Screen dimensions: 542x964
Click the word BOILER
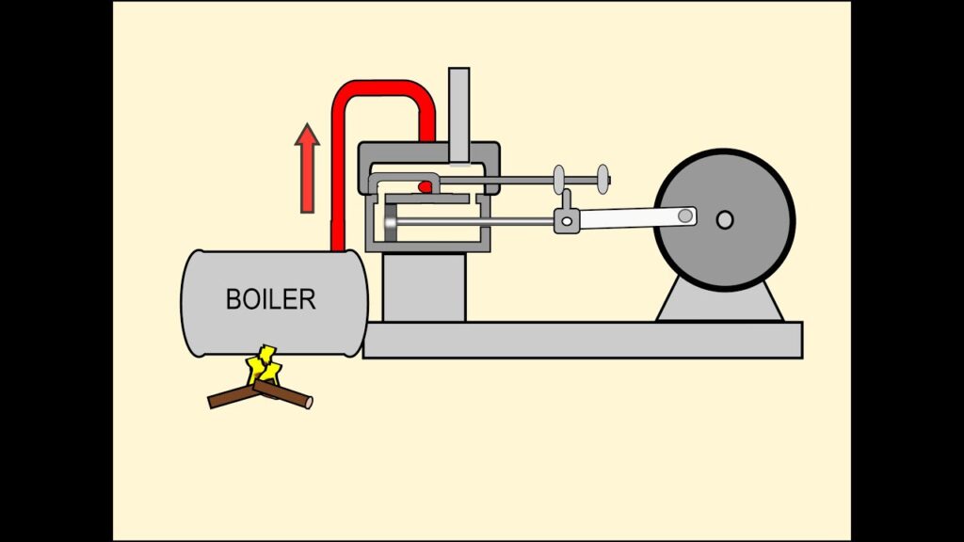[271, 299]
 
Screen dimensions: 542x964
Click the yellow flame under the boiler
[264, 366]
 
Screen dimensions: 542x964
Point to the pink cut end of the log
[308, 402]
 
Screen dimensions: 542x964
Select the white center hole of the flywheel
[724, 220]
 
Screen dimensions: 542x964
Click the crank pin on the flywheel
[686, 216]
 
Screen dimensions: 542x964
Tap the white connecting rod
[631, 218]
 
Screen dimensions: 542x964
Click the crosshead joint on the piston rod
[565, 221]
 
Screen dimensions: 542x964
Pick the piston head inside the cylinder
[390, 226]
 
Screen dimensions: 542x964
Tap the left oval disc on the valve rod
[559, 177]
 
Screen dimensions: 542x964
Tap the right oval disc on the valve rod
[600, 176]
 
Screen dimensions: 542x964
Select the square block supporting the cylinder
[424, 287]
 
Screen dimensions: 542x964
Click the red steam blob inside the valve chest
[426, 186]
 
